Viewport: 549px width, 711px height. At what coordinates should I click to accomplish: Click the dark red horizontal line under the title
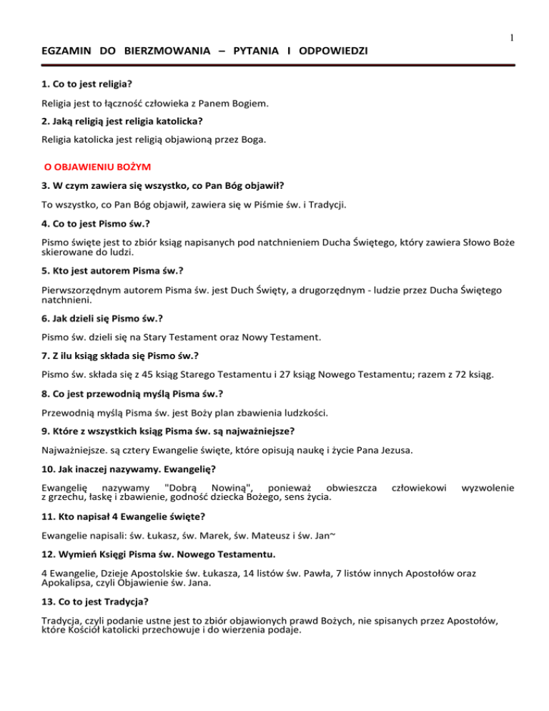[274, 65]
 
